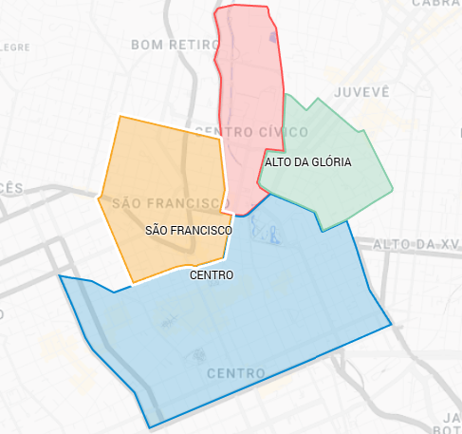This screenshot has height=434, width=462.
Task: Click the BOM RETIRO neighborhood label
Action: (x=172, y=44)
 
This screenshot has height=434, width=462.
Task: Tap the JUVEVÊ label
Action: (x=361, y=91)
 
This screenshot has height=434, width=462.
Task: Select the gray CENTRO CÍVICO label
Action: (x=250, y=130)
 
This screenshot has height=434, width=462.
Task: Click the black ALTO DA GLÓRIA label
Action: (x=307, y=162)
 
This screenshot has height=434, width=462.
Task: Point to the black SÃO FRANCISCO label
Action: (x=189, y=231)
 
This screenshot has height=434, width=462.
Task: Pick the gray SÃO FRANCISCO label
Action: (x=166, y=203)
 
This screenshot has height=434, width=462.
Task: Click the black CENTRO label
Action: (x=212, y=275)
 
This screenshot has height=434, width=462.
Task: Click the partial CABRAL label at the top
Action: (x=436, y=4)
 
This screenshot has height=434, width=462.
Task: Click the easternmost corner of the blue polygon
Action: (x=391, y=325)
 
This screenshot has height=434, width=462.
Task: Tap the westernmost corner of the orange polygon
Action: (x=99, y=198)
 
